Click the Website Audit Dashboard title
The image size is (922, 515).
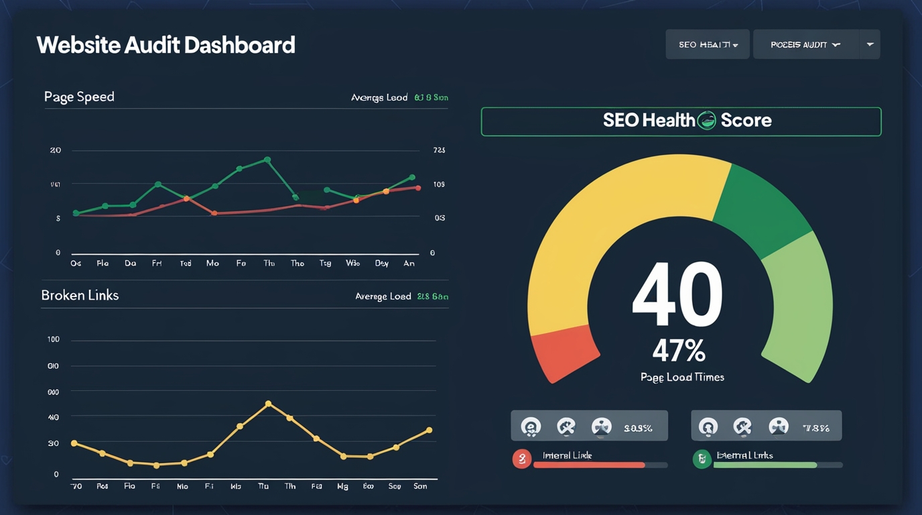pyautogui.click(x=166, y=45)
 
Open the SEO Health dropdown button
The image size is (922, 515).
pyautogui.click(x=707, y=44)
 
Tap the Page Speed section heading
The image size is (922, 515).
pyautogui.click(x=79, y=97)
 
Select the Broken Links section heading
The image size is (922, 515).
pyautogui.click(x=80, y=295)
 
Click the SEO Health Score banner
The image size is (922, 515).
pyautogui.click(x=681, y=121)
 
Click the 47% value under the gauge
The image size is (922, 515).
pyautogui.click(x=679, y=350)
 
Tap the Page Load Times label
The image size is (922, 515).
pyautogui.click(x=682, y=377)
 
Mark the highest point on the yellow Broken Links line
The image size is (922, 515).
pyautogui.click(x=268, y=404)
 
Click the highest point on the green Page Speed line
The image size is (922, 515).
pyautogui.click(x=267, y=160)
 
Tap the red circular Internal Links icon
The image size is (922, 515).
pyautogui.click(x=522, y=459)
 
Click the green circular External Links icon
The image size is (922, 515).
pyautogui.click(x=702, y=459)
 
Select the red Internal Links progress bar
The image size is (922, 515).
pyautogui.click(x=589, y=465)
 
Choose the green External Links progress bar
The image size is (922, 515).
pyautogui.click(x=765, y=465)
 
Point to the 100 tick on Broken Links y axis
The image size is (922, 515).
pyautogui.click(x=54, y=339)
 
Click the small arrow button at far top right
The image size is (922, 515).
pyautogui.click(x=870, y=44)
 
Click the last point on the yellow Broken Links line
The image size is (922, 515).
pyautogui.click(x=429, y=431)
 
